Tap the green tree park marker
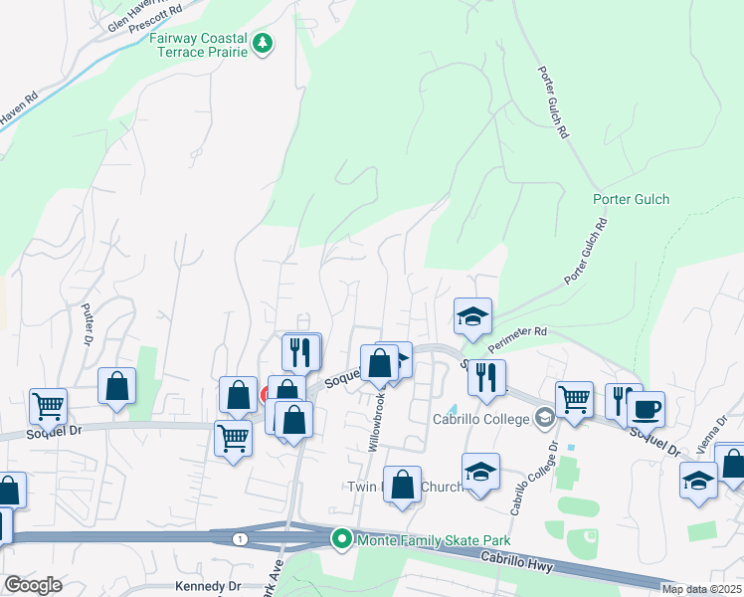[263, 43]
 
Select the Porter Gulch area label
[631, 199]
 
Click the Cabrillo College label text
[481, 418]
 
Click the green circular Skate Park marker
[342, 538]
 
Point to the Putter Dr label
[89, 322]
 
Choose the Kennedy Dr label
[208, 586]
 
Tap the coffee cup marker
[646, 409]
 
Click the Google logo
[33, 585]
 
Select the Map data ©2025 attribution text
[701, 589]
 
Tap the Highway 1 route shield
[240, 538]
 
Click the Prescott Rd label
[162, 12]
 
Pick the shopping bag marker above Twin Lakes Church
[402, 487]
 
